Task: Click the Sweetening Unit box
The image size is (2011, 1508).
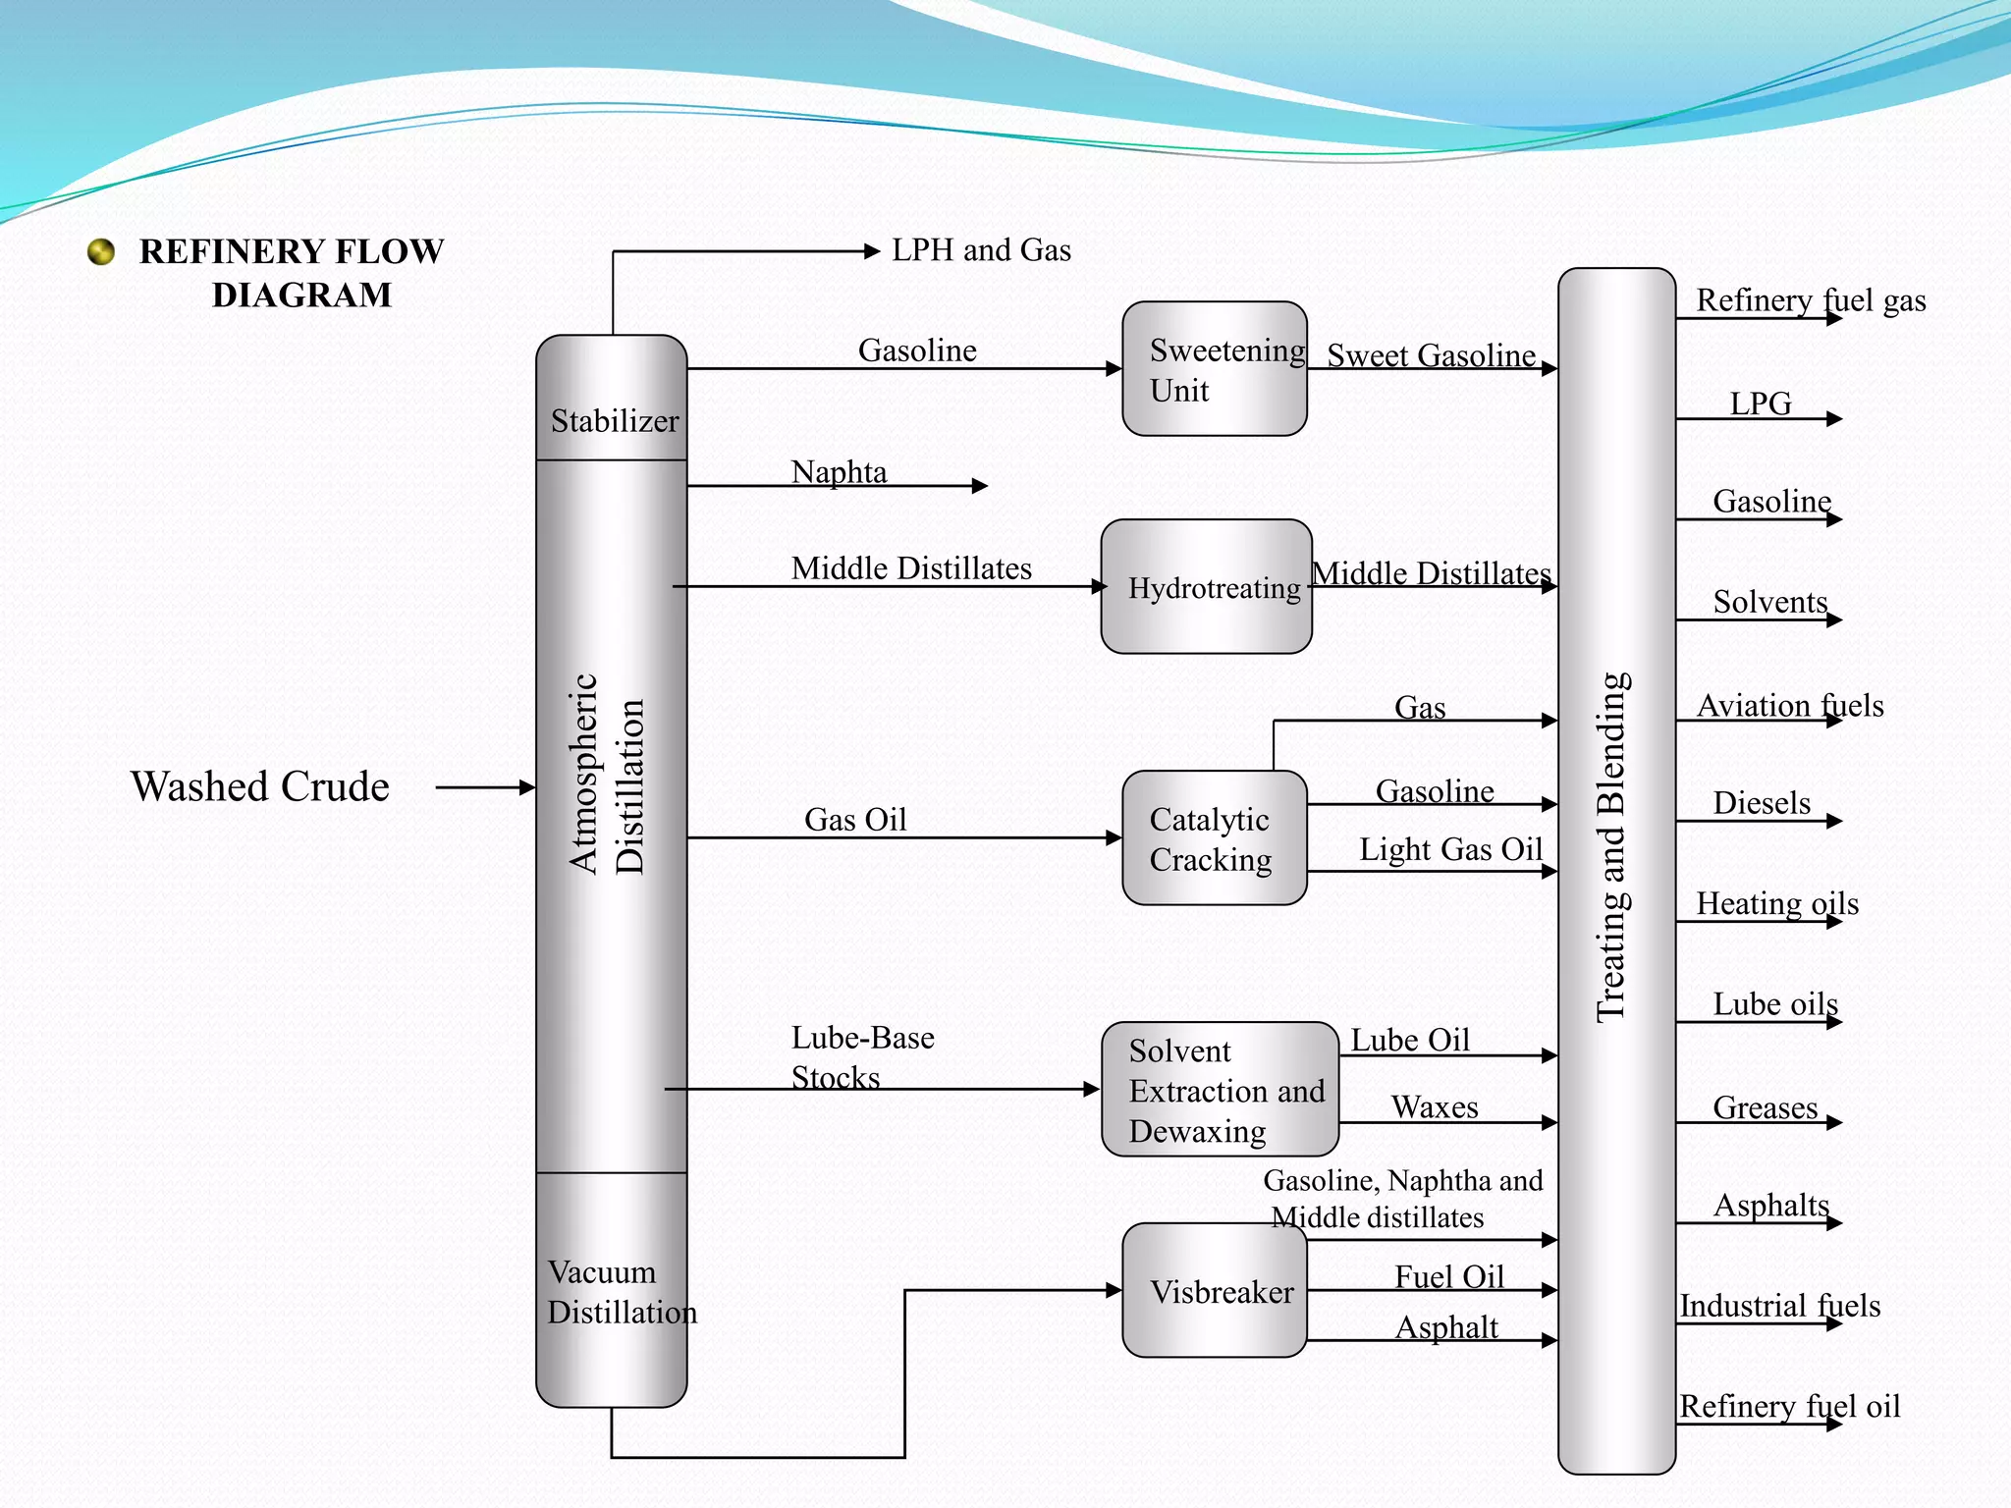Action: pyautogui.click(x=1214, y=368)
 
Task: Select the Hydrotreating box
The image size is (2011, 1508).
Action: pyautogui.click(x=1206, y=587)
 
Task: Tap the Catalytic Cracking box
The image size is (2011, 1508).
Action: pyautogui.click(x=1214, y=837)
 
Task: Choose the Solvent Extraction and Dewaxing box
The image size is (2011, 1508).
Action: pyautogui.click(x=1220, y=1089)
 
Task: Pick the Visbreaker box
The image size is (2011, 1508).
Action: pyautogui.click(x=1214, y=1290)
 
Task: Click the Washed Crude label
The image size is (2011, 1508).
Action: pyautogui.click(x=260, y=786)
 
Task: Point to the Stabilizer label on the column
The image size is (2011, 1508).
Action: pyautogui.click(x=615, y=421)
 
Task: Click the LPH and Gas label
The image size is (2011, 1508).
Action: pyautogui.click(x=981, y=250)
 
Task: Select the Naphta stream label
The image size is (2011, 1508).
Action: pyautogui.click(x=839, y=472)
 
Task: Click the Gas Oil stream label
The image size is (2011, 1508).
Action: pyautogui.click(x=855, y=820)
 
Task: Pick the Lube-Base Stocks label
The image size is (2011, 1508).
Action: pyautogui.click(x=862, y=1057)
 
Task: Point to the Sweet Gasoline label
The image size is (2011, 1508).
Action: pyautogui.click(x=1431, y=355)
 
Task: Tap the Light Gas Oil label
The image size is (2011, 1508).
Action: pyautogui.click(x=1450, y=849)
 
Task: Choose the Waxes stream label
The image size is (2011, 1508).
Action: pyautogui.click(x=1435, y=1107)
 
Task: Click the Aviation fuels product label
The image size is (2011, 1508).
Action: pyautogui.click(x=1789, y=705)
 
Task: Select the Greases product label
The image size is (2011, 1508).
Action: pyautogui.click(x=1765, y=1107)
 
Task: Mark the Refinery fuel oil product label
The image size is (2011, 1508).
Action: pyautogui.click(x=1789, y=1406)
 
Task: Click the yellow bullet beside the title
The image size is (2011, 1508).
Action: pyautogui.click(x=101, y=252)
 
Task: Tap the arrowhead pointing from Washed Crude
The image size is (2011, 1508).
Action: pyautogui.click(x=527, y=786)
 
